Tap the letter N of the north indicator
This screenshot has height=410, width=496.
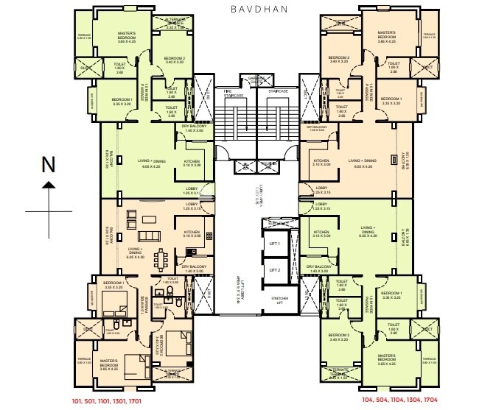(49, 166)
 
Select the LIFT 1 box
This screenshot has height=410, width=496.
(274, 243)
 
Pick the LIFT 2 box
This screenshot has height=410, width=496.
(274, 269)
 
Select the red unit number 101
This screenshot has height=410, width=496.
(77, 403)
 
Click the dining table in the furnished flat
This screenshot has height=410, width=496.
(158, 258)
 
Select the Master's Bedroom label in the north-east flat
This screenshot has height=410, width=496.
(387, 37)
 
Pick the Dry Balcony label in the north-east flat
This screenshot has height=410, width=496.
(318, 129)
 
